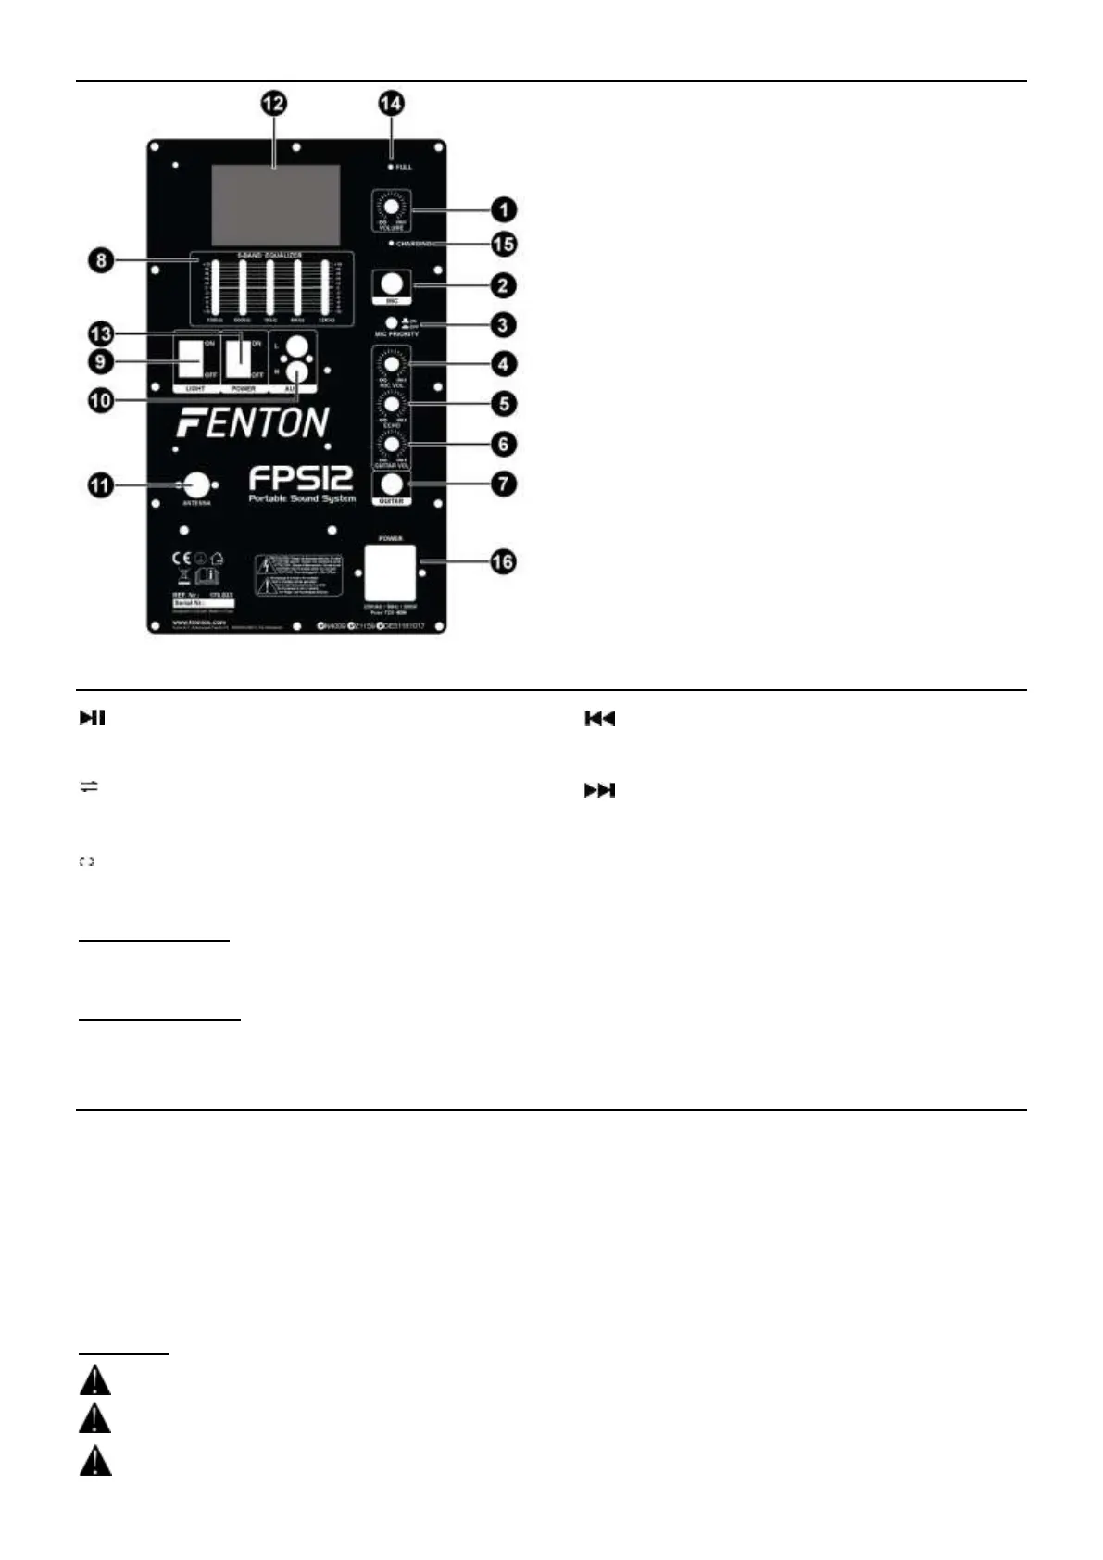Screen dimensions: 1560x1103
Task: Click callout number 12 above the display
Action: click(274, 104)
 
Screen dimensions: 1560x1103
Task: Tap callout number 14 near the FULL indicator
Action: click(392, 103)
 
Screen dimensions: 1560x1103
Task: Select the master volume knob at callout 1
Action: click(392, 208)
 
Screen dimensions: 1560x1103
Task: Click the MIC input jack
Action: click(392, 283)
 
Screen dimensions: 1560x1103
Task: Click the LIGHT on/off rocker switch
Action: click(192, 359)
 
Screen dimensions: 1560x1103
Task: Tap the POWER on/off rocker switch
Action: click(240, 358)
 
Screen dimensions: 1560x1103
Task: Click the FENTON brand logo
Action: click(253, 422)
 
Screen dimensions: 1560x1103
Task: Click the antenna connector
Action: click(196, 484)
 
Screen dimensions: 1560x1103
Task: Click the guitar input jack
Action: click(392, 484)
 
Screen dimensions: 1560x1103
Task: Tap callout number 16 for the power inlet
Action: click(503, 561)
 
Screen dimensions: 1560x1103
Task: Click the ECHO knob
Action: click(392, 405)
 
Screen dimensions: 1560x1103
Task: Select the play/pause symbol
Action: click(92, 718)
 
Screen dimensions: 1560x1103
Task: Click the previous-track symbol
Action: click(599, 719)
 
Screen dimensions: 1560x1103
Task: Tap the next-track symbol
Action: click(599, 790)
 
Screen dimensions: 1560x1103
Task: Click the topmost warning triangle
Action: click(94, 1382)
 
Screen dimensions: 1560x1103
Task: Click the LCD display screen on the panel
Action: click(275, 205)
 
